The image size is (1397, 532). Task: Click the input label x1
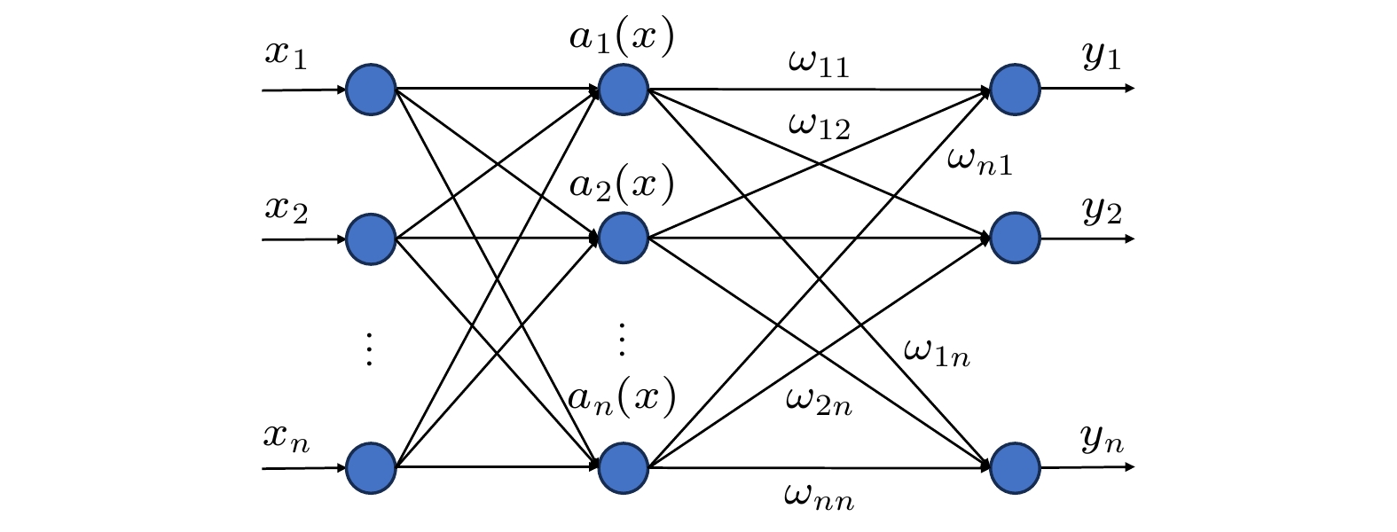[286, 55]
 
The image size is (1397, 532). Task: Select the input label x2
[286, 209]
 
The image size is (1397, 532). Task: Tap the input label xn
[286, 437]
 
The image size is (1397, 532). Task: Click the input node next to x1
[370, 90]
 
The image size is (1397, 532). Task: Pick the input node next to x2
[370, 239]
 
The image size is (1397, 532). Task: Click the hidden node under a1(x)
[624, 90]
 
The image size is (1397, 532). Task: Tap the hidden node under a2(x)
[624, 239]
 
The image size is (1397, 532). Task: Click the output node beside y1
[1015, 90]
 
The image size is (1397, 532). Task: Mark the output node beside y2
[1015, 239]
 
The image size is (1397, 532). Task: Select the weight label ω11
[818, 63]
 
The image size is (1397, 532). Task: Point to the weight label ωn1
[979, 160]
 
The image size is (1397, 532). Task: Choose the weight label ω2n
[819, 403]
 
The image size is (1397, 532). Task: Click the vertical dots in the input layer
[370, 348]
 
